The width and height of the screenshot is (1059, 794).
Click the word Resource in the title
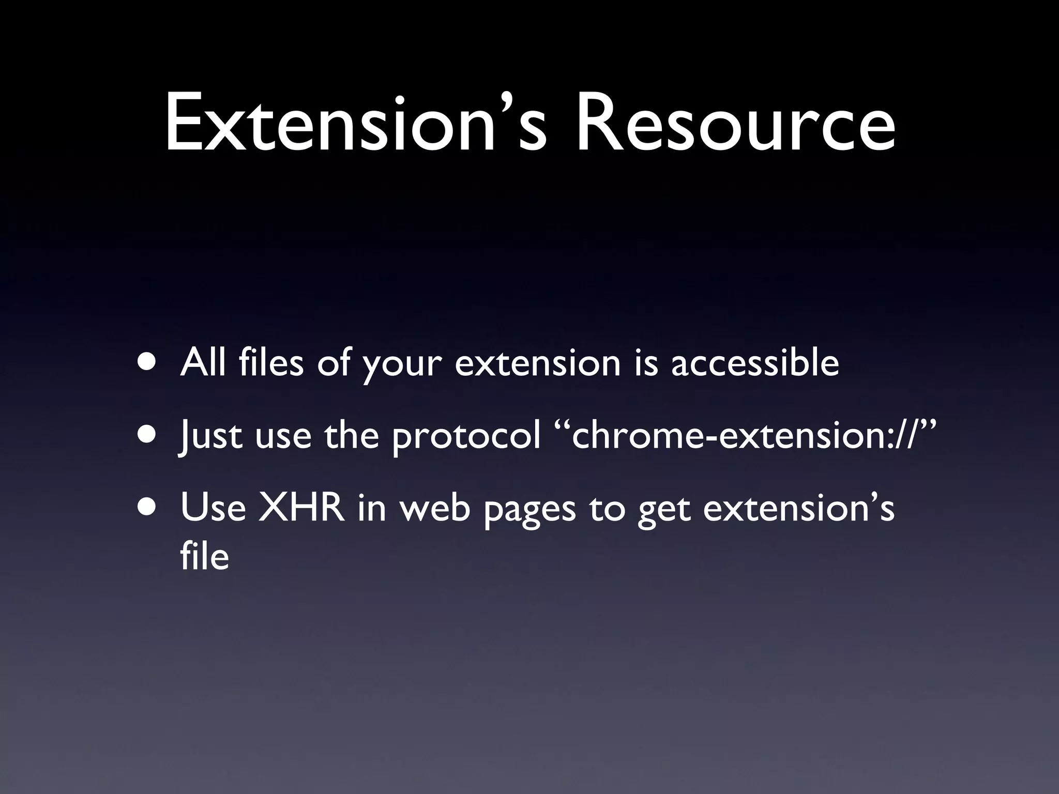pos(735,124)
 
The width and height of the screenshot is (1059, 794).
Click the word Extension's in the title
pos(355,124)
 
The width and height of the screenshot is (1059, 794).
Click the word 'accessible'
pos(754,362)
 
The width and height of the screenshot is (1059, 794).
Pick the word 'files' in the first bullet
pos(271,362)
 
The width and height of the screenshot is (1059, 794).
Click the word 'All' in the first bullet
pos(203,362)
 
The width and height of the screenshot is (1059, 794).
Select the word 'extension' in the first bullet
pos(537,362)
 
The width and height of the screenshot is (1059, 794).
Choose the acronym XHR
pos(301,508)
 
